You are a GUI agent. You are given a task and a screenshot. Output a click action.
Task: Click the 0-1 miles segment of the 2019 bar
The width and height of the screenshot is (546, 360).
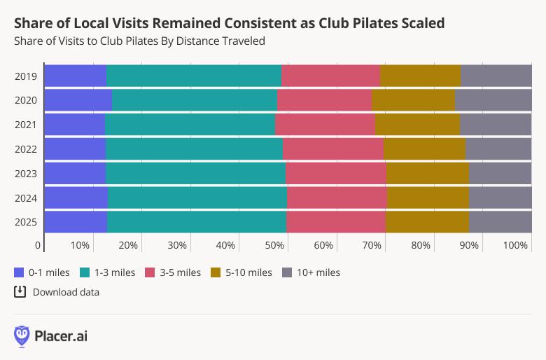(76, 76)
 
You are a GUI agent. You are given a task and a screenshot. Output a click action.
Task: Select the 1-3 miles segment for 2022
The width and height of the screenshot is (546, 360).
(194, 149)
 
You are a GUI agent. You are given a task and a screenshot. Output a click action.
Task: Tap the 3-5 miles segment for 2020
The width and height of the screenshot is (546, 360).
(324, 100)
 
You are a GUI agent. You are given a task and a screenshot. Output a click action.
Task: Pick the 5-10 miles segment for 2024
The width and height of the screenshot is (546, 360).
(428, 198)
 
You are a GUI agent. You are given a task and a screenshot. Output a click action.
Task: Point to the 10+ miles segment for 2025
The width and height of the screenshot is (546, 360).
(500, 223)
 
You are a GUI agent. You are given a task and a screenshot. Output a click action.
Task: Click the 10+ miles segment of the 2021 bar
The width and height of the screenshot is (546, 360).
(496, 125)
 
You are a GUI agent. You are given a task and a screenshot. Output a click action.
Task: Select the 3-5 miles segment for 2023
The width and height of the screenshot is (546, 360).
(335, 174)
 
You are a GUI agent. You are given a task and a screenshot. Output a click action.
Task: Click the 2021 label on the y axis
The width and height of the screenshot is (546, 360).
(26, 125)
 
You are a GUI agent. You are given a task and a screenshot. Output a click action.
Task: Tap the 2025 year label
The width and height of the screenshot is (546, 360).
(26, 223)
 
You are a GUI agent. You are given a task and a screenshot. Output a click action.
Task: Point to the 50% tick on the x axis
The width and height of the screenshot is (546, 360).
(274, 246)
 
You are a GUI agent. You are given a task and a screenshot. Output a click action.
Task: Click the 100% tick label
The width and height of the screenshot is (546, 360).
(516, 246)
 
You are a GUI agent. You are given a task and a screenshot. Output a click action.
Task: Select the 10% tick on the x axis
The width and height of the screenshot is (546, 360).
(80, 246)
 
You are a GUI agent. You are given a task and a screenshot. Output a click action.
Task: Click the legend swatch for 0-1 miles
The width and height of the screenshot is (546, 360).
(19, 272)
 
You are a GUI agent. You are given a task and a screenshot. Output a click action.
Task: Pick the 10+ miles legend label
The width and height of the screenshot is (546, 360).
(318, 272)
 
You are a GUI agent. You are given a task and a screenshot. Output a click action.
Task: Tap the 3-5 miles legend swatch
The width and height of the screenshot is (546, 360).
(150, 272)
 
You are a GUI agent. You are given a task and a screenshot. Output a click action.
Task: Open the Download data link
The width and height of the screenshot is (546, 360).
(65, 292)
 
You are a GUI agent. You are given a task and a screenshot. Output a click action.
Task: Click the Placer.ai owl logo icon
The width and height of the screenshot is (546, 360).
(22, 336)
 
